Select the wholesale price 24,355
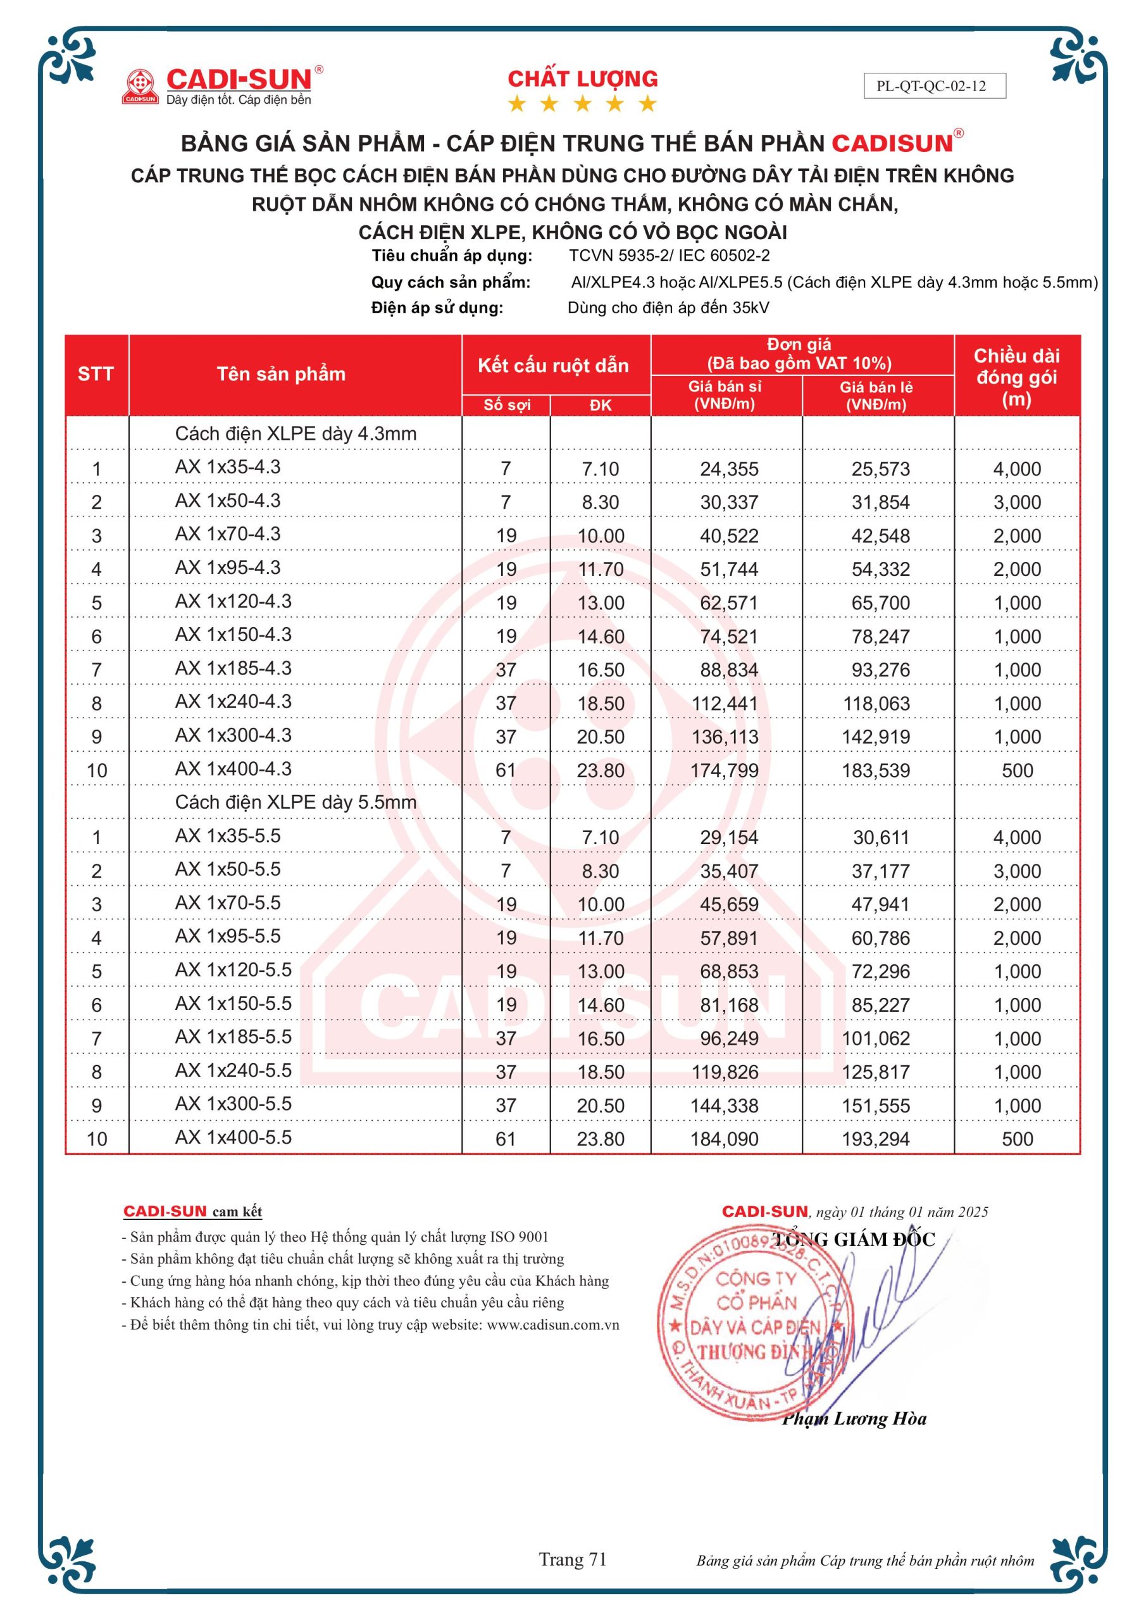point(729,469)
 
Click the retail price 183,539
point(876,771)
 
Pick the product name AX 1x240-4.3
point(233,702)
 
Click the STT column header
point(96,374)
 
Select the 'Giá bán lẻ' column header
point(876,395)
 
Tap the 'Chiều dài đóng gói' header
point(1016,377)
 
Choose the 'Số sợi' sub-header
point(506,405)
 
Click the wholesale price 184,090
point(725,1139)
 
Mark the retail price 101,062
point(876,1038)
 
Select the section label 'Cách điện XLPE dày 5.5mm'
point(296,802)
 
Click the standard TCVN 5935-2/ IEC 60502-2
point(669,256)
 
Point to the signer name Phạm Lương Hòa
point(854,1419)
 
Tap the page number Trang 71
point(572,1559)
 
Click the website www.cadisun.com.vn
point(552,1325)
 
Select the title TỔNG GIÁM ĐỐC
point(854,1240)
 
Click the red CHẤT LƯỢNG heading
point(582,78)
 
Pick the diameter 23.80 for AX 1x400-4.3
point(601,771)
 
